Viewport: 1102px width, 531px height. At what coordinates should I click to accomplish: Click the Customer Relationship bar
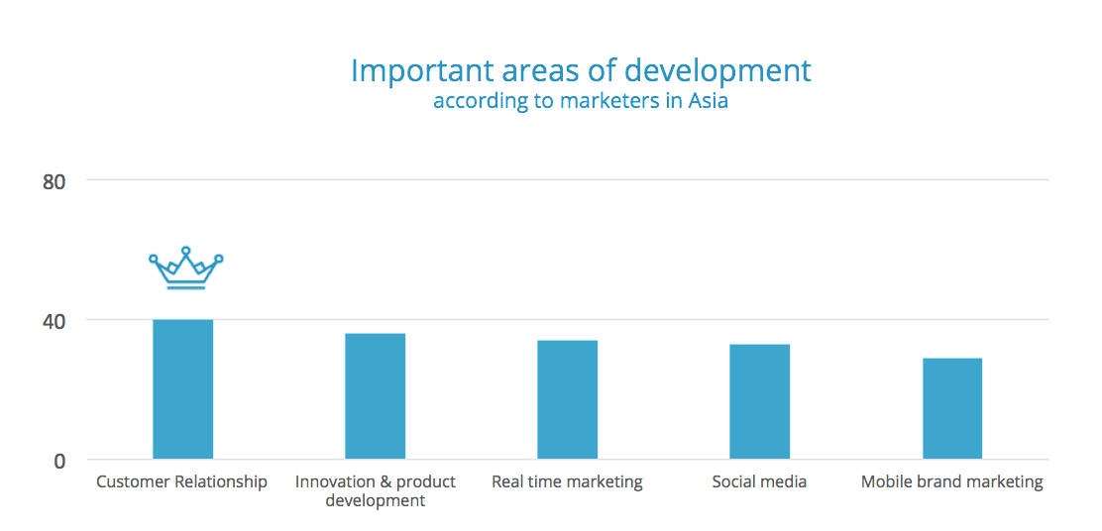[x=182, y=389]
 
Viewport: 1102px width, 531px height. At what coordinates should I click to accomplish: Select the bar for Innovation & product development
[x=376, y=396]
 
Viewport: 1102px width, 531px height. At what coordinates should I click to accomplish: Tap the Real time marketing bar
[x=567, y=399]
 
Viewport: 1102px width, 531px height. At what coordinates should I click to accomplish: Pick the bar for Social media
[x=760, y=402]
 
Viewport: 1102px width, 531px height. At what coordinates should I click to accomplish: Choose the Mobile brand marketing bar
[x=952, y=409]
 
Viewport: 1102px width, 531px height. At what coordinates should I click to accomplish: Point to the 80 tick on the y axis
[x=55, y=182]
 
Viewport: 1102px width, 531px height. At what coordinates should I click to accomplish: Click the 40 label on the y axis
[x=55, y=322]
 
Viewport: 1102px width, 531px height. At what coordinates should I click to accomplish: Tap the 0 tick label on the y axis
[x=59, y=463]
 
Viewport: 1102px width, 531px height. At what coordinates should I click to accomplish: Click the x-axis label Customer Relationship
[x=182, y=481]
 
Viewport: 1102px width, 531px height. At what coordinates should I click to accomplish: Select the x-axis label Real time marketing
[x=567, y=481]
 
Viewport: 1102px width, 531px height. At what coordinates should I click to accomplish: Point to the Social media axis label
[x=759, y=481]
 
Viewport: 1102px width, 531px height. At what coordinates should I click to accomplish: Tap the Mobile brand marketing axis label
[x=952, y=481]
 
